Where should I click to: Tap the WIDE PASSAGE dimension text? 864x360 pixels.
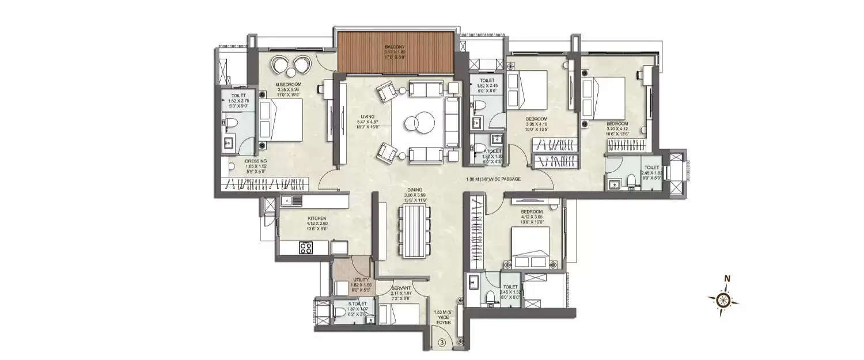tap(494, 179)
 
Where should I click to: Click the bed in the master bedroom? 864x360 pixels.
tap(280, 120)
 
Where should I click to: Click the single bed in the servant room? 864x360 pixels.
tap(401, 314)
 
